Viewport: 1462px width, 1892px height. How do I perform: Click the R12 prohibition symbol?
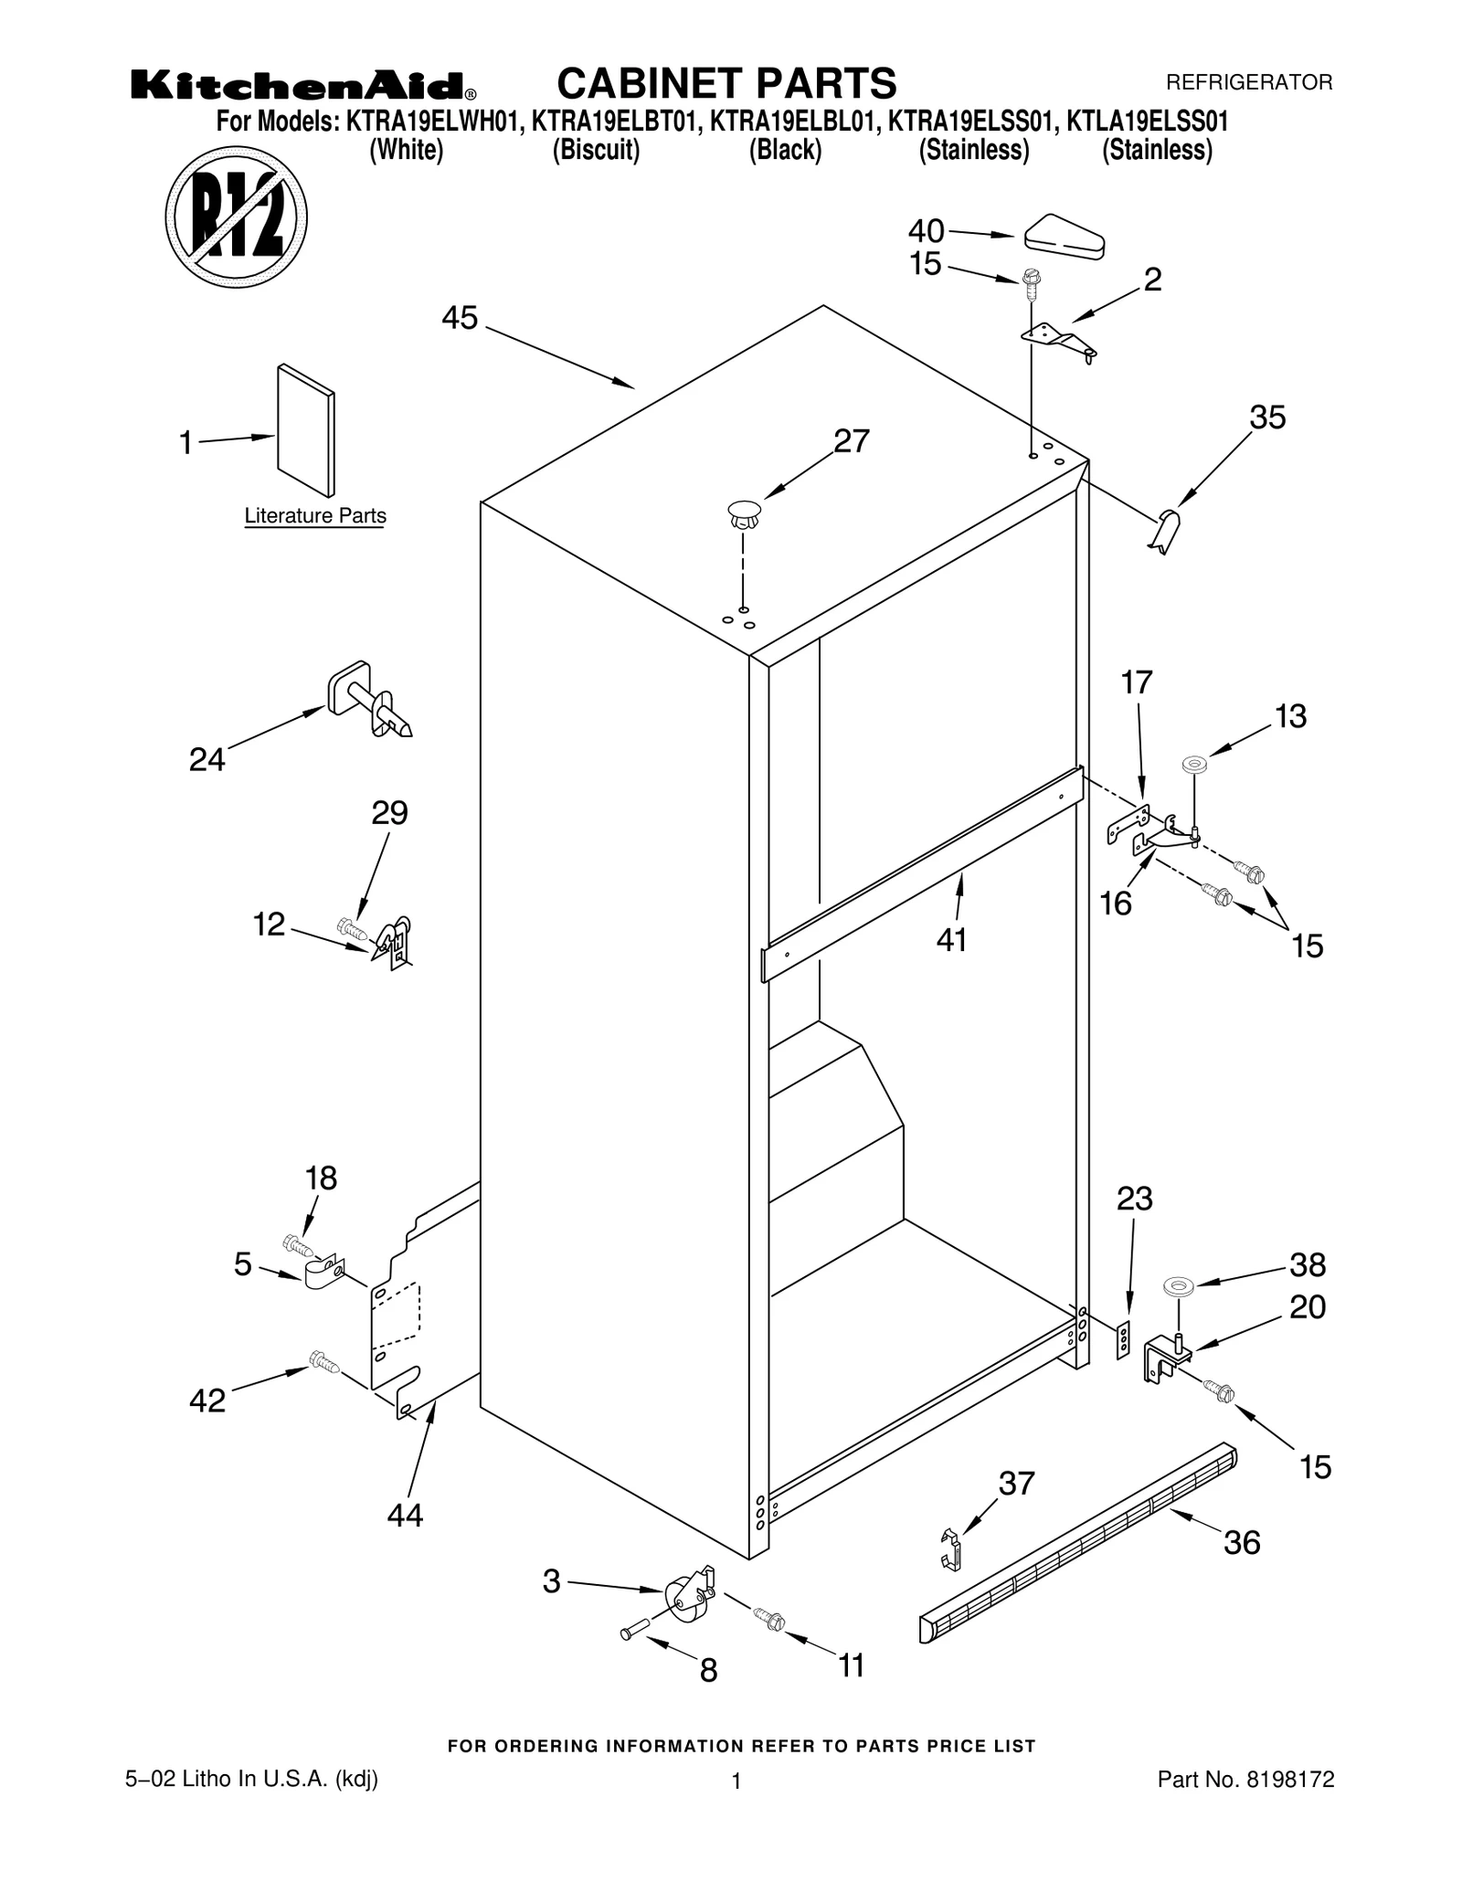tap(236, 217)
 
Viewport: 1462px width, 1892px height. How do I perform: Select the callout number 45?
tap(459, 318)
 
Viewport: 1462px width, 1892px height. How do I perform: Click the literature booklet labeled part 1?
tap(306, 430)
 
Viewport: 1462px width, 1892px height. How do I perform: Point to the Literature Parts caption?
tap(315, 516)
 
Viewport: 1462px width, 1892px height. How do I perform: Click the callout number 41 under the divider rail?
tap(951, 939)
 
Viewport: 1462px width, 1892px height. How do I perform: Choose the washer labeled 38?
tap(1179, 1286)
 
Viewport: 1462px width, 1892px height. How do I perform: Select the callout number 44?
tap(405, 1516)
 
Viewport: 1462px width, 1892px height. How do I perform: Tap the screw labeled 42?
tap(324, 1363)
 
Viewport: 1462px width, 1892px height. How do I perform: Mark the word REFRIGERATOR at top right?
tap(1249, 83)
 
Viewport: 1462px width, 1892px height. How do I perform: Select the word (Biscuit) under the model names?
tap(596, 149)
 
